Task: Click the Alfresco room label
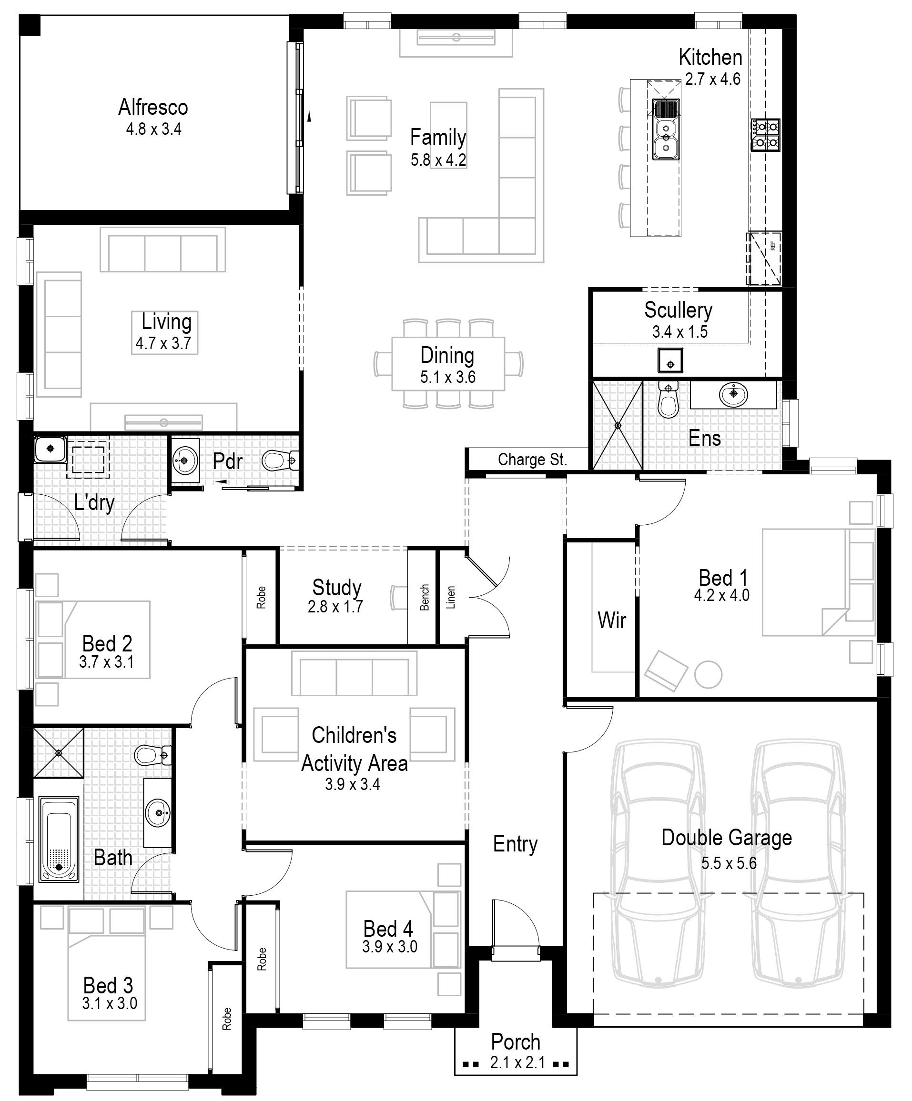pyautogui.click(x=152, y=108)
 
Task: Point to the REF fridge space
pyautogui.click(x=764, y=259)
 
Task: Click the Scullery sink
pyautogui.click(x=670, y=360)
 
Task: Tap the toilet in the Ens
pyautogui.click(x=668, y=400)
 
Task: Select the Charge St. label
pyautogui.click(x=533, y=460)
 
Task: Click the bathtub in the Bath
pyautogui.click(x=59, y=840)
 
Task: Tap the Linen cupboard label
pyautogui.click(x=451, y=597)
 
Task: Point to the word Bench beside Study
pyautogui.click(x=425, y=597)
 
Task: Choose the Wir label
pyautogui.click(x=612, y=620)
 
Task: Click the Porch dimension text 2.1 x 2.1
pyautogui.click(x=517, y=1063)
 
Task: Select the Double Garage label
pyautogui.click(x=727, y=838)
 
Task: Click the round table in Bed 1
pyautogui.click(x=708, y=674)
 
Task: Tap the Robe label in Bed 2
pyautogui.click(x=261, y=598)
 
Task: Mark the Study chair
pyautogui.click(x=399, y=598)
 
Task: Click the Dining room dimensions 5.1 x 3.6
pyautogui.click(x=447, y=377)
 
